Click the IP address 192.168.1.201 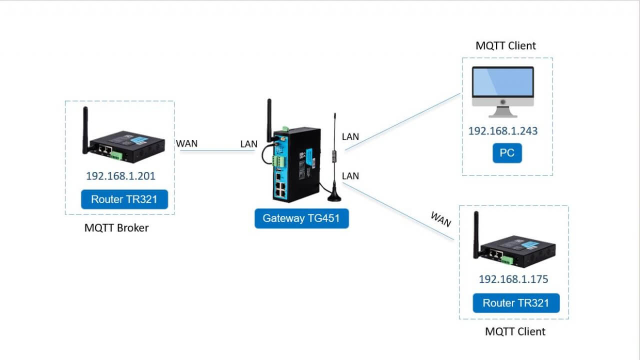pos(120,176)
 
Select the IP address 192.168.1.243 pos(503,131)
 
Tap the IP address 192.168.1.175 pos(513,279)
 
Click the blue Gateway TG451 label pos(301,218)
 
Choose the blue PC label pos(507,153)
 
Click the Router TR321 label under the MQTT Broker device pos(124,199)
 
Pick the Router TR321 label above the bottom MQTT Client pos(516,303)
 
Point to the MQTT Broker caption pos(116,228)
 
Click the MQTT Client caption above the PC pos(505,45)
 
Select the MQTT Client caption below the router pos(515,331)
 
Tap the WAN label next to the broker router pos(186,143)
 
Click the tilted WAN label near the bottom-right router pos(440,219)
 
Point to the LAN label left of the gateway pos(248,144)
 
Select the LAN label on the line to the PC pos(350,136)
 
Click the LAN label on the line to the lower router pos(350,176)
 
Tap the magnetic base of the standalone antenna pos(334,197)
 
